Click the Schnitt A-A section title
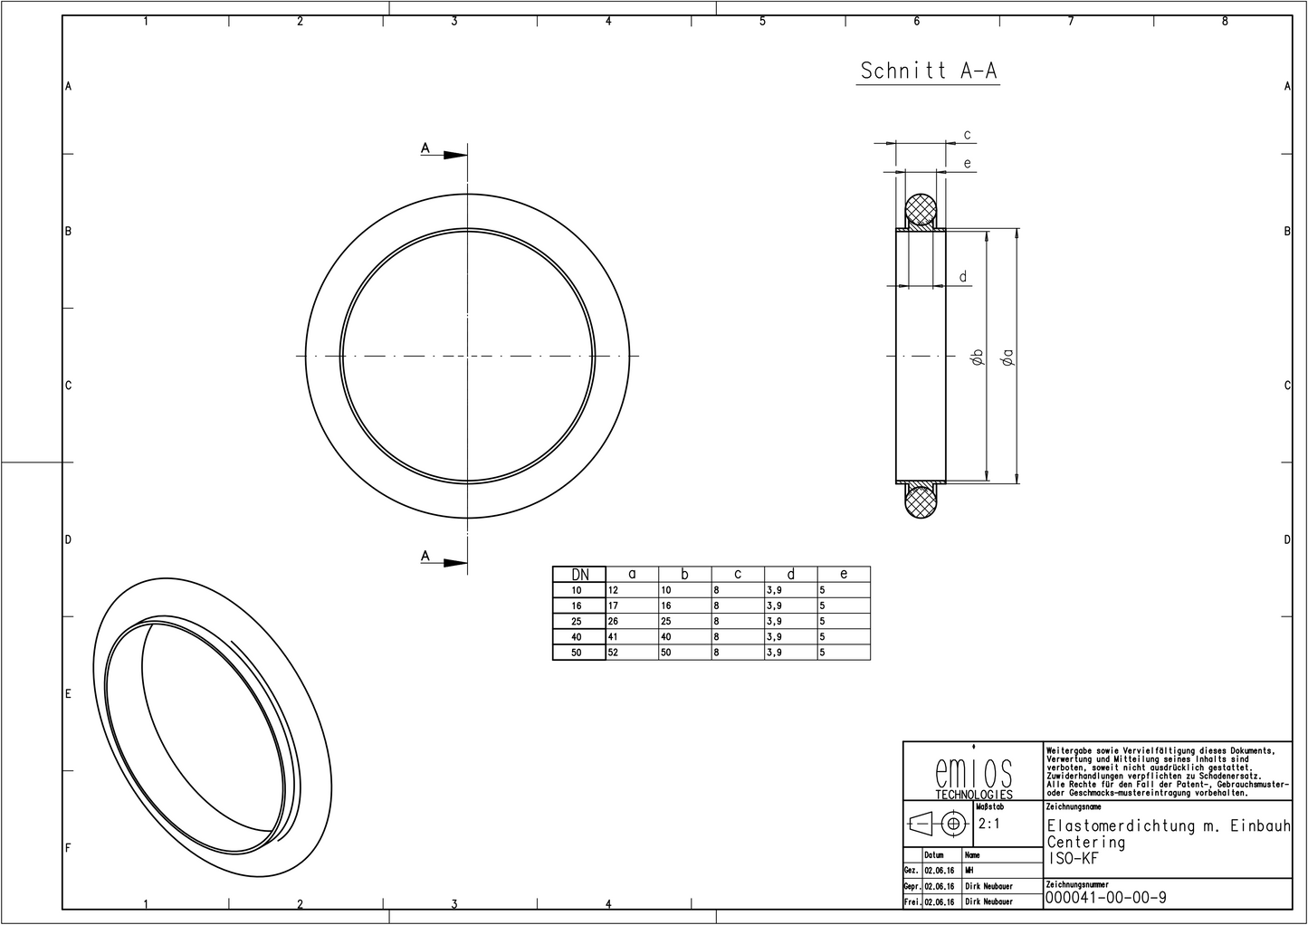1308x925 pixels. point(928,72)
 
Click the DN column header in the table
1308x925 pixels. point(579,574)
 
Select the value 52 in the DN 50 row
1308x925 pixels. point(613,653)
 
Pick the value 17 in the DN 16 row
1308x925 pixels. point(613,606)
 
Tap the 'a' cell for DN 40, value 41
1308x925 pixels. point(613,637)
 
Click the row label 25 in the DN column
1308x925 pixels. point(578,622)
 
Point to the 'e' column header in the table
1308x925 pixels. point(844,574)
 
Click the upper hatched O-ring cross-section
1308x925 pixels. point(921,210)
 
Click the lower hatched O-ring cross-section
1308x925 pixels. point(921,501)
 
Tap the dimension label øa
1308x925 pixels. point(1007,357)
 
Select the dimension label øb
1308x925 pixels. point(977,357)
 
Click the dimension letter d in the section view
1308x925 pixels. point(963,277)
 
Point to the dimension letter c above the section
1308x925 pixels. point(967,136)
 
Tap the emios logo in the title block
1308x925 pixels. point(973,777)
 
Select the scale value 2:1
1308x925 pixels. point(990,825)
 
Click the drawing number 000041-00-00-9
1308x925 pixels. point(1105,898)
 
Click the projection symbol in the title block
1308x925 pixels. point(937,825)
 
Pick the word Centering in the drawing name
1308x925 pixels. point(1086,843)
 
